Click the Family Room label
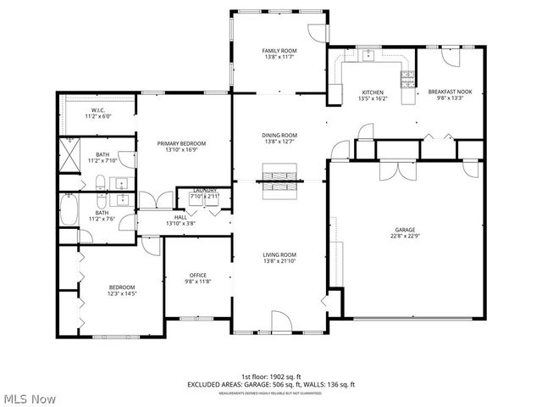pyautogui.click(x=279, y=52)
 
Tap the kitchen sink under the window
pyautogui.click(x=369, y=57)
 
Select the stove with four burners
pyautogui.click(x=407, y=81)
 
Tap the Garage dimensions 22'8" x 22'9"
pyautogui.click(x=404, y=237)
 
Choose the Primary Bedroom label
pyautogui.click(x=181, y=144)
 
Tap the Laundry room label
pyautogui.click(x=204, y=191)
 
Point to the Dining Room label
pyautogui.click(x=279, y=136)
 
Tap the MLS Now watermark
pyautogui.click(x=30, y=397)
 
